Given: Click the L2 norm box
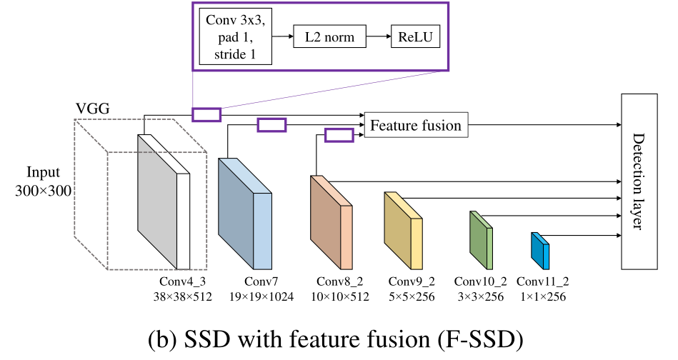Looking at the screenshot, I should (x=329, y=37).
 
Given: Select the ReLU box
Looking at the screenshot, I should (x=415, y=37).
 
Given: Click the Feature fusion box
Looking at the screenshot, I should (x=415, y=126).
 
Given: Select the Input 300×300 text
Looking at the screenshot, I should (x=44, y=182).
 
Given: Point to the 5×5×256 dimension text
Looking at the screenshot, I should (x=411, y=296).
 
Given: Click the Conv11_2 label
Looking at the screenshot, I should (x=542, y=281).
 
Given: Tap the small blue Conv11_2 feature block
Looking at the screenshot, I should (x=539, y=249).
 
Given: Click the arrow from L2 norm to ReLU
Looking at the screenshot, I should (x=377, y=37).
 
